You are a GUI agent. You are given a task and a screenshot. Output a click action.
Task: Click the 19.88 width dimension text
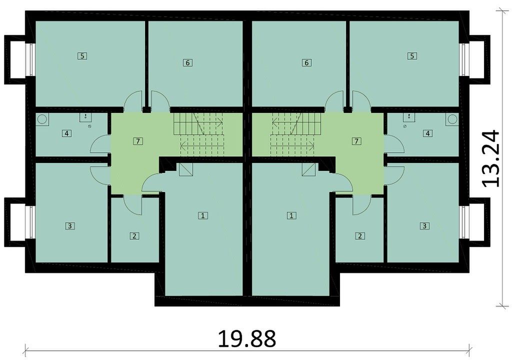coord(246,339)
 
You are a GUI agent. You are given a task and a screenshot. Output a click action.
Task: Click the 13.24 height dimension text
coord(491,158)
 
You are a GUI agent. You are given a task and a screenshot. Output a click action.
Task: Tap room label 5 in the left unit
coord(82,56)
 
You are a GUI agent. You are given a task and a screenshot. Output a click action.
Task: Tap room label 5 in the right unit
coord(412,56)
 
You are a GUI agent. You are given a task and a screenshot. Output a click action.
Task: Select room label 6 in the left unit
coord(187,62)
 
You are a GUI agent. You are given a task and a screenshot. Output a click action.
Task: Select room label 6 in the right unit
coord(306,62)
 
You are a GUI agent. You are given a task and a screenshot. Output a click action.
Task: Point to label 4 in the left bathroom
coord(66,133)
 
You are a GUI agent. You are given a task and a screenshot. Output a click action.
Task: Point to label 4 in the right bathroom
coord(428,133)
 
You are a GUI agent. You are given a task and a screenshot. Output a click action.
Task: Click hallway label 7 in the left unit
coord(138,141)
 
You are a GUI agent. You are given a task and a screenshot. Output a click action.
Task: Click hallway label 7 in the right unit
coord(356,141)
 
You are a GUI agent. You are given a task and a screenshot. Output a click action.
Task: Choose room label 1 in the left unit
coord(203,215)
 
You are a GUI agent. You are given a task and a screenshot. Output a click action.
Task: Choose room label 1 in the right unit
coord(291,215)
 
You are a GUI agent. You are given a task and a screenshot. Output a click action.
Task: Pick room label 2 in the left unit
coord(134,235)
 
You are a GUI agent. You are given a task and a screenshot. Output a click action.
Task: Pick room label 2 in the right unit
coord(360,235)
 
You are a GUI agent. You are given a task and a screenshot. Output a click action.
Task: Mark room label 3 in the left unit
coord(70,225)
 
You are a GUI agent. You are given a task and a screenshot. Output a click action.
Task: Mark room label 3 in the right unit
coord(424,225)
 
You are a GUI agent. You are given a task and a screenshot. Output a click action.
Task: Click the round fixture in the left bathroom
coord(42,119)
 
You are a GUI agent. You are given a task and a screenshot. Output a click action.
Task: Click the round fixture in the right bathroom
coord(452,119)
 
